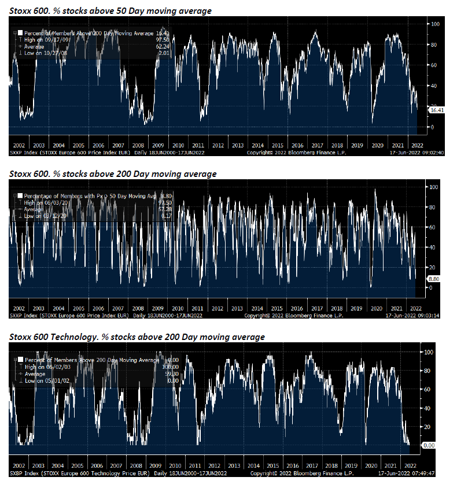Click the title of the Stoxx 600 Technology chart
137,337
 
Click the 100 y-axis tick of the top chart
432,24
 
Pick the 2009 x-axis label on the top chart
157,146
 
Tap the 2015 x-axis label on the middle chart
277,309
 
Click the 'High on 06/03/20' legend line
44,203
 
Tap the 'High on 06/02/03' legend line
44,367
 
